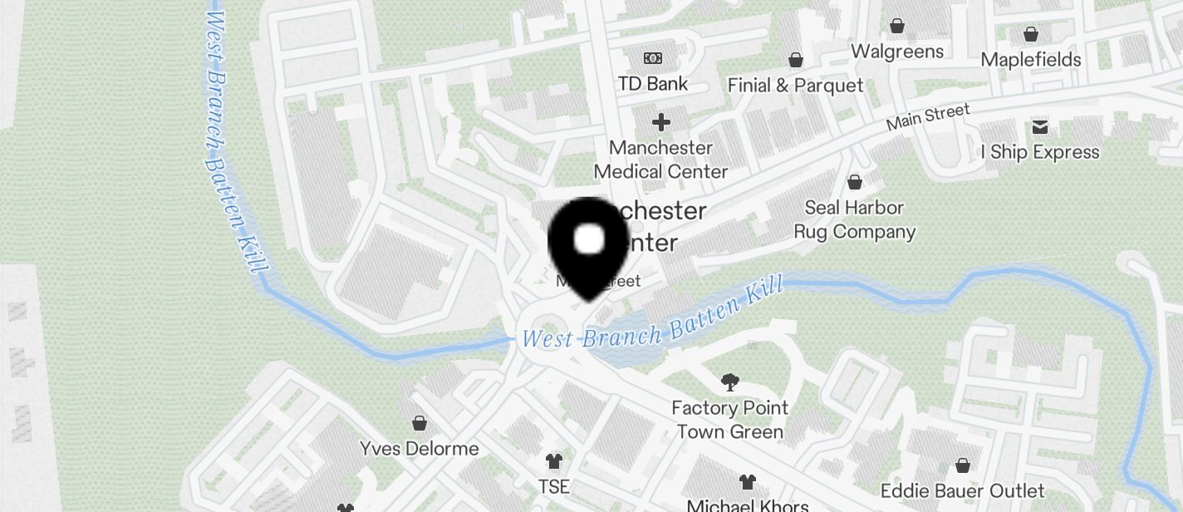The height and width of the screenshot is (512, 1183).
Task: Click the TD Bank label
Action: click(x=653, y=83)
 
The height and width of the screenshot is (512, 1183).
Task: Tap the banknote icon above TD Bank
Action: click(x=653, y=58)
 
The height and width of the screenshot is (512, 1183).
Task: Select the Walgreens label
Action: click(x=897, y=52)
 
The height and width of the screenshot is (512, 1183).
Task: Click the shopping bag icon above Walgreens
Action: click(x=897, y=26)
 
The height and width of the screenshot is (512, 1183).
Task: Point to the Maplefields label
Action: click(x=1031, y=60)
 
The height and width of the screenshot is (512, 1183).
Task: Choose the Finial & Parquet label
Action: click(x=795, y=86)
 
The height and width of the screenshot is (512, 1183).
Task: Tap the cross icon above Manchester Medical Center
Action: click(x=661, y=123)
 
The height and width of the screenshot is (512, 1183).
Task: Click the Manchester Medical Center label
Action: click(x=661, y=160)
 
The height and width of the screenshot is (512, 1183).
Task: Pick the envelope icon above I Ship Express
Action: click(x=1040, y=127)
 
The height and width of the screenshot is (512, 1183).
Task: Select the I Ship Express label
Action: click(x=1040, y=153)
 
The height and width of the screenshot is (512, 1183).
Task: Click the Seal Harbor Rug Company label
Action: click(x=854, y=219)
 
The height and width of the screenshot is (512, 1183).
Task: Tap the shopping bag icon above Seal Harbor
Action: click(x=854, y=182)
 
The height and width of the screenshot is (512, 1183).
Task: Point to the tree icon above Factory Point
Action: click(x=730, y=382)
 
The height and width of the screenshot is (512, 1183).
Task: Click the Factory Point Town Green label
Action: click(x=730, y=420)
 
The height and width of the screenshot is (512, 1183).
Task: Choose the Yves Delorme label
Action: click(x=420, y=449)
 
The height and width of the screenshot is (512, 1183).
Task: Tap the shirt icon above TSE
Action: click(x=553, y=460)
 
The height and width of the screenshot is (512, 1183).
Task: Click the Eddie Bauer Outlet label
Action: click(x=963, y=490)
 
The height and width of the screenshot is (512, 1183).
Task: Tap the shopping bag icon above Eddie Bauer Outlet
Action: click(x=963, y=465)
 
